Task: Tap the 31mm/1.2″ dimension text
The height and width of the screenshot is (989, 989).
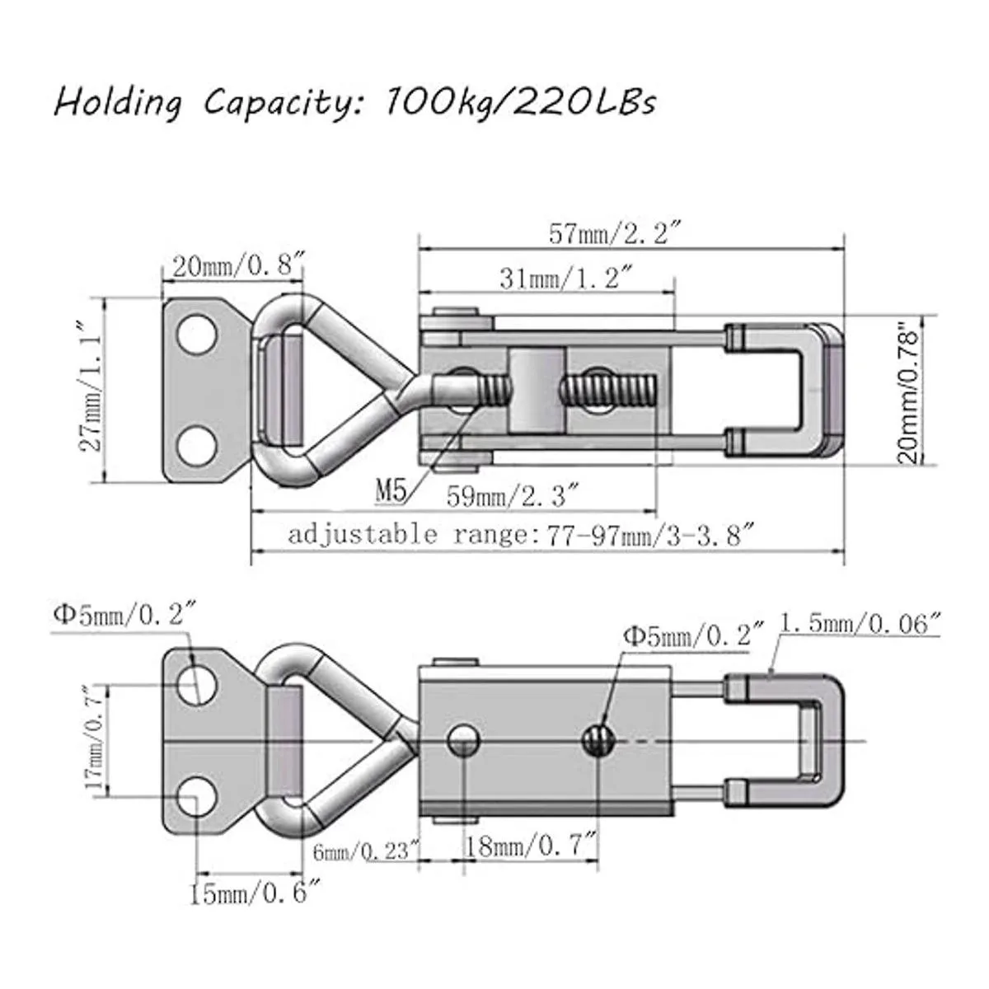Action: pyautogui.click(x=565, y=279)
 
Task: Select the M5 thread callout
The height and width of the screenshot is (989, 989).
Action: pyautogui.click(x=391, y=491)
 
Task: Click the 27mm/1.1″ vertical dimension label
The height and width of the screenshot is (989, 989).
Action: pyautogui.click(x=91, y=387)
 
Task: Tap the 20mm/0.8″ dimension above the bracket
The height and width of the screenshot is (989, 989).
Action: pyautogui.click(x=239, y=266)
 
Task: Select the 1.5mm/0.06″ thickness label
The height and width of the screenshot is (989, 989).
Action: pyautogui.click(x=859, y=624)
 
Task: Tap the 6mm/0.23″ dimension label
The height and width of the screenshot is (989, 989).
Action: pyautogui.click(x=367, y=852)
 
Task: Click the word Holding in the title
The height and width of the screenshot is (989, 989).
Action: pyautogui.click(x=118, y=103)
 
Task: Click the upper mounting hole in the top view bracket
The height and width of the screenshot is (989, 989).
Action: pyautogui.click(x=195, y=335)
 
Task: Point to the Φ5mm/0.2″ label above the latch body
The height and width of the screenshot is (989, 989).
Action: pyautogui.click(x=694, y=636)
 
